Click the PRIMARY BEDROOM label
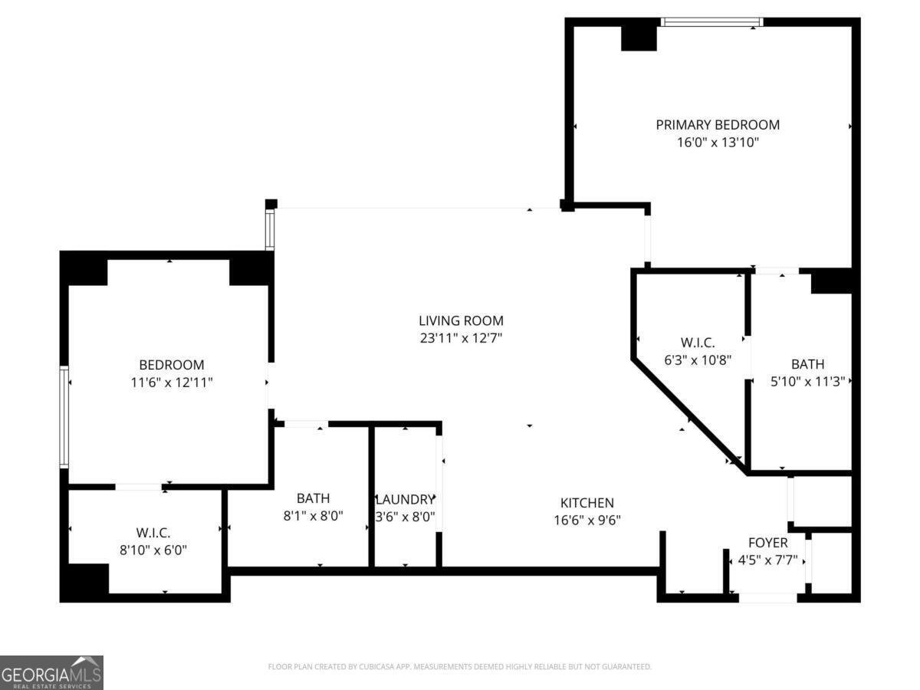point(718,124)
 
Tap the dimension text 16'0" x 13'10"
point(718,142)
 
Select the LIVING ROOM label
point(461,320)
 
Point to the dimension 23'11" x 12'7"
point(461,337)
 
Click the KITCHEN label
point(586,503)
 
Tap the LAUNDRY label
point(406,499)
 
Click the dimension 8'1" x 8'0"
point(313,516)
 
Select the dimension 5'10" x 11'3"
point(807,381)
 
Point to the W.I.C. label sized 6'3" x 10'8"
point(698,342)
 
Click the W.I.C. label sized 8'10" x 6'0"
point(153,532)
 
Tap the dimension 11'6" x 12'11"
point(172,382)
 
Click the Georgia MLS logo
point(51,672)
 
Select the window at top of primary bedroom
point(711,22)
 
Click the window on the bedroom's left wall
point(64,417)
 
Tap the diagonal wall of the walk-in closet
point(686,414)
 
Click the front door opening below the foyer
point(767,597)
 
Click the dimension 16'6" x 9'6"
point(586,520)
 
